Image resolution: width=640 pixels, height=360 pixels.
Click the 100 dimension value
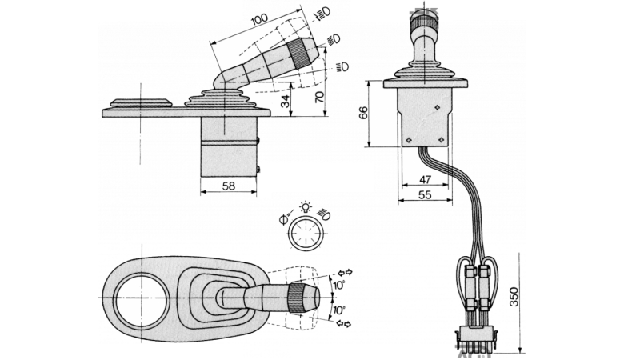click(x=259, y=18)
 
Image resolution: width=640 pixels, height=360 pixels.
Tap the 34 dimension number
click(x=286, y=102)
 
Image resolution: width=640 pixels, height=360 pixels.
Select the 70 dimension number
click(x=319, y=97)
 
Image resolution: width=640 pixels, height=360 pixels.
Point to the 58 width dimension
click(x=229, y=186)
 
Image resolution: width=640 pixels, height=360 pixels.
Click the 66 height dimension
click(x=363, y=112)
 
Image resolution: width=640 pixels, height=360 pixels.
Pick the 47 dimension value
click(x=426, y=179)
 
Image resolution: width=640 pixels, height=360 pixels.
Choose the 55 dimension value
click(x=425, y=195)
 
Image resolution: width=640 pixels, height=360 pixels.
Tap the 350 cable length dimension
click(x=514, y=297)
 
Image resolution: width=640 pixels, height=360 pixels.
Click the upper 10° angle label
click(x=339, y=285)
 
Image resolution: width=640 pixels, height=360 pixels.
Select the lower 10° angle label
click(x=339, y=310)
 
